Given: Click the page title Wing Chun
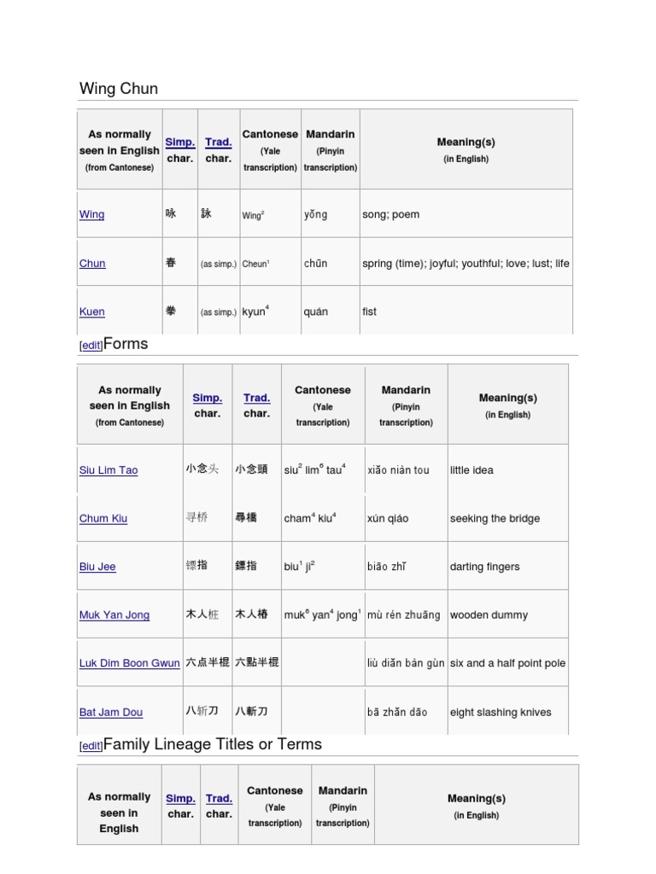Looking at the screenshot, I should (x=119, y=89).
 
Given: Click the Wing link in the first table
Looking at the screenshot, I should (x=91, y=215).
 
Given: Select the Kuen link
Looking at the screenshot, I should (x=91, y=312).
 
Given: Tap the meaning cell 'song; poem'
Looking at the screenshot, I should (x=390, y=215).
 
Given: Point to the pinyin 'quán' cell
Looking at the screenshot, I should (x=315, y=312).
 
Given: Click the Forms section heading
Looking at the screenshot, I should (x=126, y=344).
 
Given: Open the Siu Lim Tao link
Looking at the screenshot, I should (x=108, y=470).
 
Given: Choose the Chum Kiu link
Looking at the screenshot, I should (x=103, y=519).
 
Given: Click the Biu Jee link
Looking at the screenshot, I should (x=97, y=567).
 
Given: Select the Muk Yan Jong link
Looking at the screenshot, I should (x=114, y=615).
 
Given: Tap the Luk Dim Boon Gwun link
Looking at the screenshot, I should (x=130, y=663).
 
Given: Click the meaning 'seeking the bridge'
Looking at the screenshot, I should (x=495, y=519).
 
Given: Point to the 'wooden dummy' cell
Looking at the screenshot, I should (x=489, y=615).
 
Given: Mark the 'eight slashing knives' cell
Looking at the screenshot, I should (x=501, y=713).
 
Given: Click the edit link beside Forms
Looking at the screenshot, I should (x=91, y=346).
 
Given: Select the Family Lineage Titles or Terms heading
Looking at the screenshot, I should (x=213, y=744).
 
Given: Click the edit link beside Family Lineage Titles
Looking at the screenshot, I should (x=91, y=746).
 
